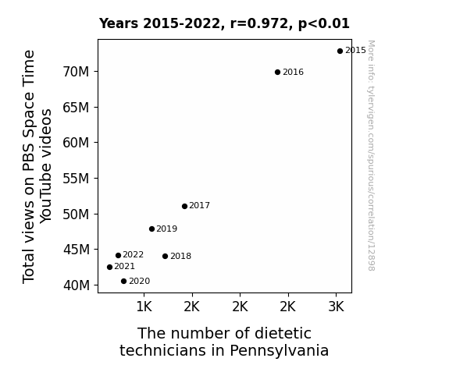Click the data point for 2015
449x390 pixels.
(x=340, y=51)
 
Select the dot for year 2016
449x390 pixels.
(x=277, y=72)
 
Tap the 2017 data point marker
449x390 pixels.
(x=184, y=206)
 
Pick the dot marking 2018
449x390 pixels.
(x=166, y=256)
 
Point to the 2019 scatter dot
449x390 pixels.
(x=151, y=229)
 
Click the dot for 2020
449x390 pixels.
(x=123, y=282)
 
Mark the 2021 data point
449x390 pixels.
(x=109, y=267)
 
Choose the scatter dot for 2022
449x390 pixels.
(x=118, y=255)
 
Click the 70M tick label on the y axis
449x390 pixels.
(x=76, y=72)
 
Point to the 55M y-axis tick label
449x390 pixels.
(x=76, y=179)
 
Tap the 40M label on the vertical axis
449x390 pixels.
(x=76, y=285)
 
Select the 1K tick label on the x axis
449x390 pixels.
(x=144, y=307)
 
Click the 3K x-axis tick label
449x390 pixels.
(x=336, y=307)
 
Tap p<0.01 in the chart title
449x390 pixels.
(x=324, y=24)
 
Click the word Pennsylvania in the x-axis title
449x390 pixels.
(x=280, y=351)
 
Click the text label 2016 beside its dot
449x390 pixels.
(x=294, y=72)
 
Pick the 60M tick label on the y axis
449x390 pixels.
(x=76, y=143)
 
